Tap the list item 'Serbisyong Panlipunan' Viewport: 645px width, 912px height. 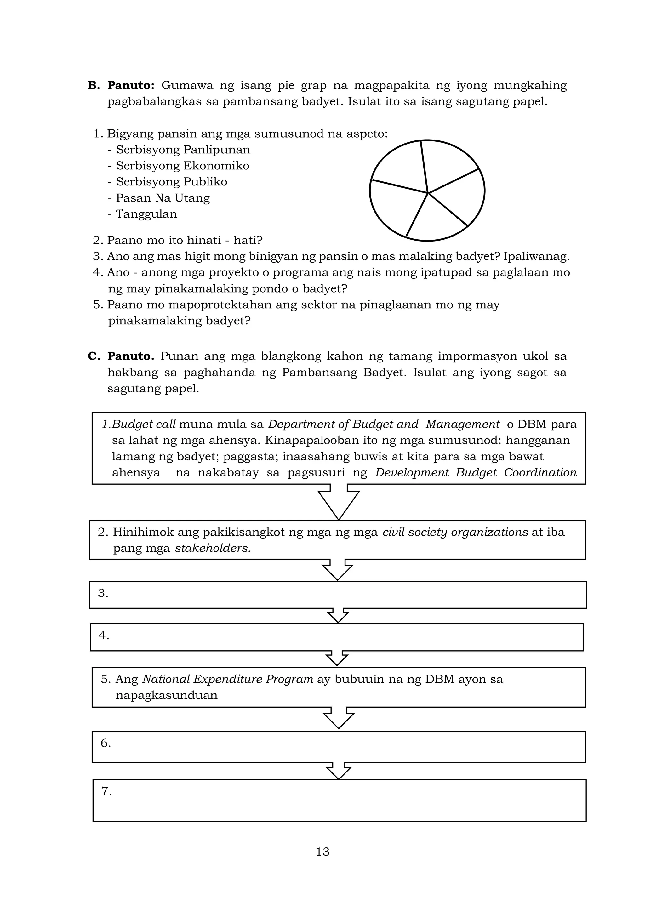(x=183, y=150)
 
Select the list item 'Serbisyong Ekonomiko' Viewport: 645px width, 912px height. (x=182, y=166)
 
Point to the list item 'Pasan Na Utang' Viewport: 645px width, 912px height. (x=163, y=198)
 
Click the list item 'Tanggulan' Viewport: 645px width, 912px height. (x=146, y=214)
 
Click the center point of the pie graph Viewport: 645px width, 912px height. (x=428, y=193)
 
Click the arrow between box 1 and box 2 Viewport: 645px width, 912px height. (x=338, y=502)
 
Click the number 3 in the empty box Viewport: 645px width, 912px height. (x=103, y=593)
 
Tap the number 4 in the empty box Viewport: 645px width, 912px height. (x=104, y=636)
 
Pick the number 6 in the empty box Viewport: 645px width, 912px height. (x=105, y=743)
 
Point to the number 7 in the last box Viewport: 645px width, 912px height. (x=106, y=791)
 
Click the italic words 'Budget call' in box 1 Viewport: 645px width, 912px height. (x=144, y=424)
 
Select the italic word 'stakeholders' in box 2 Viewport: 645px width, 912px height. (x=213, y=548)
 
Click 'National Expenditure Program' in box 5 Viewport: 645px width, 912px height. (x=228, y=679)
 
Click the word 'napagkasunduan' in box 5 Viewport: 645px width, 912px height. (x=166, y=695)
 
